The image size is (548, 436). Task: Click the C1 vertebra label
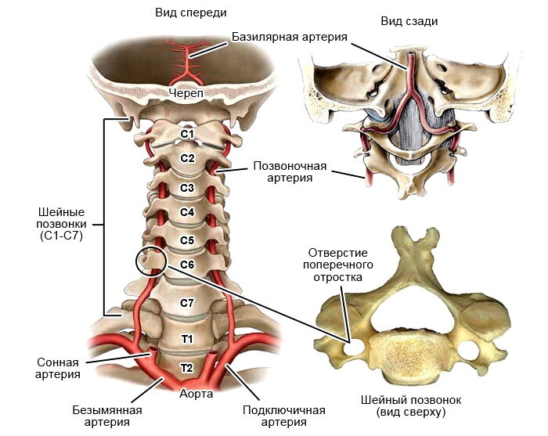click(187, 134)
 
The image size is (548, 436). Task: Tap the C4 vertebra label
click(187, 212)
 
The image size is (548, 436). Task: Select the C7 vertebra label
click(187, 303)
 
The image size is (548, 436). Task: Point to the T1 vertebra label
click(187, 339)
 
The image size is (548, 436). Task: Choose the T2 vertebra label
click(187, 368)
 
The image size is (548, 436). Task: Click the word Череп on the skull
click(186, 93)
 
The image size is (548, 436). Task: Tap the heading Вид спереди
click(191, 13)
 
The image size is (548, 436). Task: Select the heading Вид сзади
click(409, 21)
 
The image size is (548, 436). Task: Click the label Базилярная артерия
click(290, 37)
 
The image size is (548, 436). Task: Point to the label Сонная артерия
click(58, 368)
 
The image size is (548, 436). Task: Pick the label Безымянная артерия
click(107, 416)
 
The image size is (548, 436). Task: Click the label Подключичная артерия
click(283, 416)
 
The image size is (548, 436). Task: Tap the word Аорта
click(196, 394)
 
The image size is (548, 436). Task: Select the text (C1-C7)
click(62, 236)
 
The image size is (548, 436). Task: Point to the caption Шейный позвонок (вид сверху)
click(411, 406)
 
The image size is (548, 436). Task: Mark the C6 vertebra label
click(187, 265)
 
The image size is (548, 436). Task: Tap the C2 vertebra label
click(187, 158)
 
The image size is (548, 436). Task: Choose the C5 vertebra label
click(187, 240)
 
